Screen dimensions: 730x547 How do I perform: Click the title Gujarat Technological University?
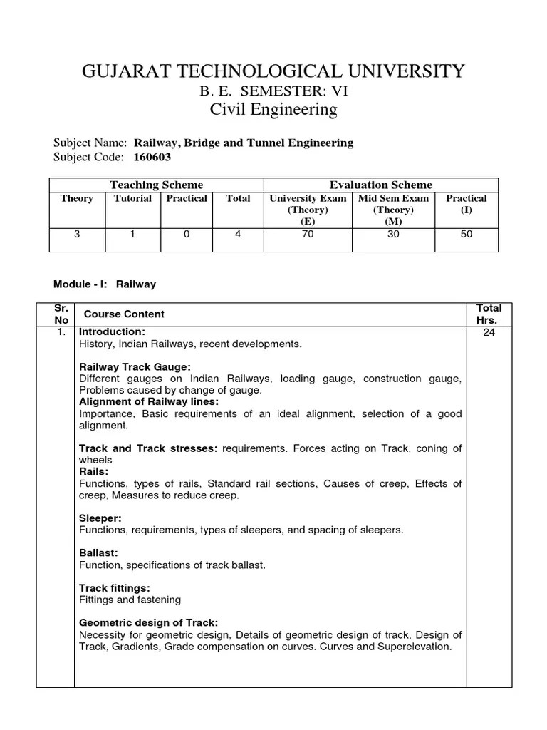tap(273, 71)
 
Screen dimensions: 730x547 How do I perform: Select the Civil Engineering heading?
tap(273, 110)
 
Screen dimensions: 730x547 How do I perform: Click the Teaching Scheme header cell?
tap(156, 185)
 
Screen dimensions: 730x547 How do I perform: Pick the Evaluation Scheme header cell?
tap(380, 185)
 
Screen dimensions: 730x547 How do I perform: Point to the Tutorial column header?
tap(132, 198)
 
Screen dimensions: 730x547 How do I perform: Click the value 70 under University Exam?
tap(307, 234)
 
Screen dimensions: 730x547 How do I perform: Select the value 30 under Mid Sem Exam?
tap(393, 234)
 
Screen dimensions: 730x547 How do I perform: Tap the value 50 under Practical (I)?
tap(466, 234)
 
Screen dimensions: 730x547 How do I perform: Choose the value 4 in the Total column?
tap(238, 234)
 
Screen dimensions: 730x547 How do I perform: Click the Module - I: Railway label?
tap(105, 284)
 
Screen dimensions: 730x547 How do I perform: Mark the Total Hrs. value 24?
tap(489, 332)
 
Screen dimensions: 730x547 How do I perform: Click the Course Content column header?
tap(124, 314)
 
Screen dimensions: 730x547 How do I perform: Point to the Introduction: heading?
tap(112, 332)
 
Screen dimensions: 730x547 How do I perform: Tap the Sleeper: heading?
tap(100, 518)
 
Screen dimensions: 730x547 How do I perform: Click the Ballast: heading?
tap(98, 553)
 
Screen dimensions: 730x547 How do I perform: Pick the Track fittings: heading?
tap(114, 588)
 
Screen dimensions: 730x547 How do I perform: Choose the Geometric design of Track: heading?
tap(148, 622)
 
